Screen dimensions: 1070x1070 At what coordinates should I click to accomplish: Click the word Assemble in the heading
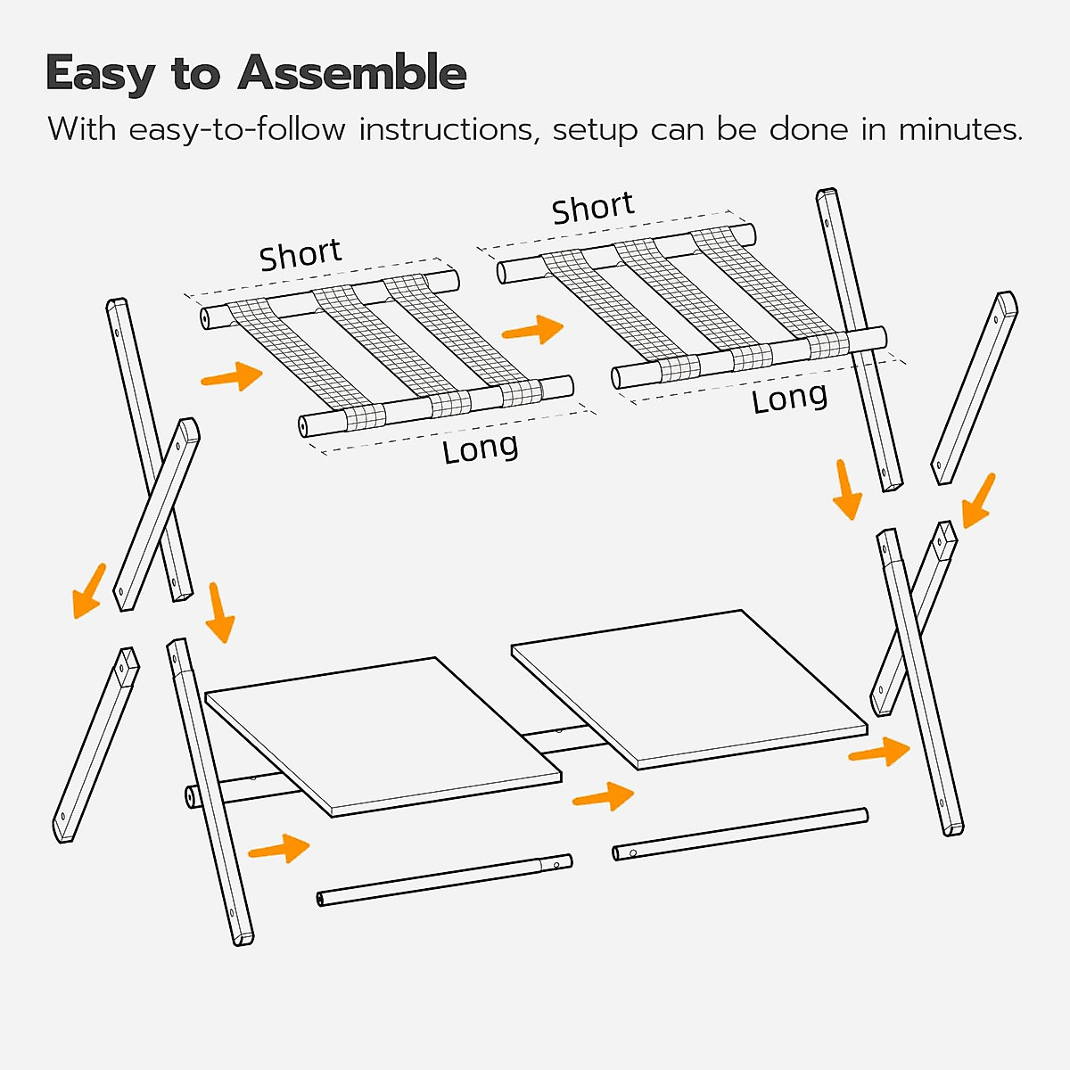[352, 73]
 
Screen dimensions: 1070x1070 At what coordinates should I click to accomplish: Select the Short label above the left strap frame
[300, 255]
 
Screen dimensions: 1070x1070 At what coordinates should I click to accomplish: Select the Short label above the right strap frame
[593, 209]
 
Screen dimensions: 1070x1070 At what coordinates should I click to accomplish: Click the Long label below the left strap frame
[480, 449]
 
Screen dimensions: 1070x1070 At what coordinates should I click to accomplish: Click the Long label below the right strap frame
[789, 399]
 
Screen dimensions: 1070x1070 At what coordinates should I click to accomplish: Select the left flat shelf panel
[383, 736]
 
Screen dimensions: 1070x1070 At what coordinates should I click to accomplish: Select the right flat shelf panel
[688, 687]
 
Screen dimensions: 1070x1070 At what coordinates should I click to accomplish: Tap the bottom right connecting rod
[740, 834]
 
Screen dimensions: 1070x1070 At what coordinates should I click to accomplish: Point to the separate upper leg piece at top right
[974, 388]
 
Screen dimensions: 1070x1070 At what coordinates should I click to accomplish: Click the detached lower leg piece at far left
[95, 745]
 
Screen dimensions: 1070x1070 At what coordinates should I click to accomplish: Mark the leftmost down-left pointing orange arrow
[88, 591]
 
